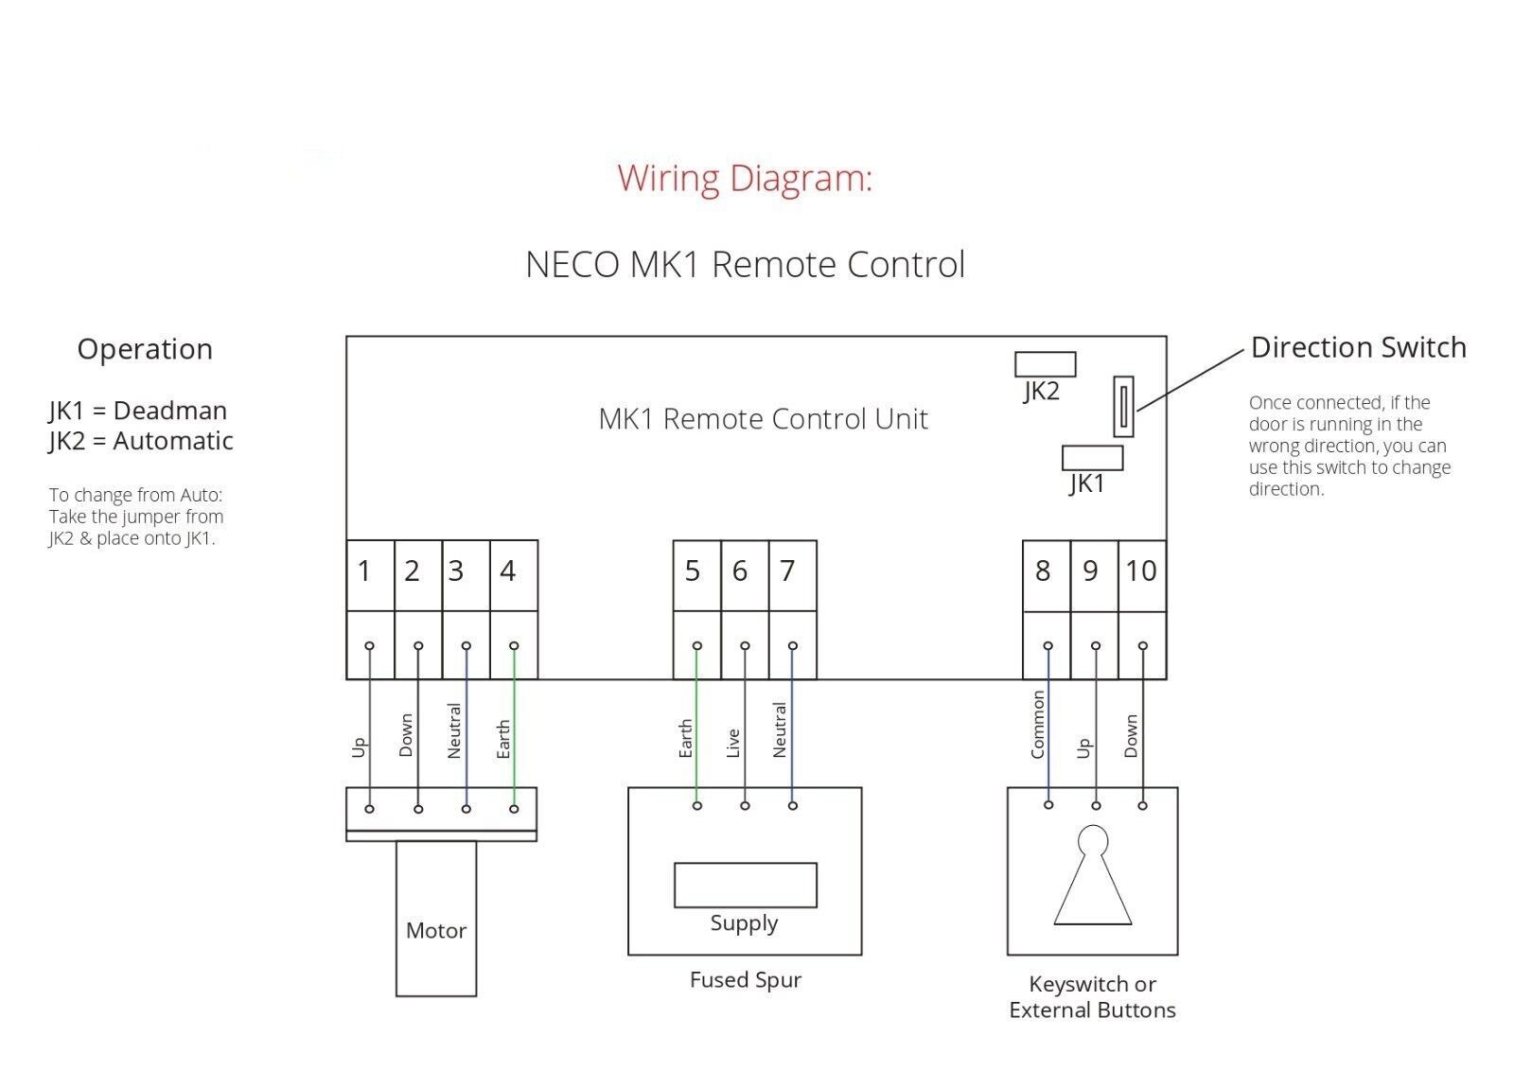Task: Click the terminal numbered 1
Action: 365,571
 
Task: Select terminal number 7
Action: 787,571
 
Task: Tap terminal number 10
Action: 1141,571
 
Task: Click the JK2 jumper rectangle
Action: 1045,364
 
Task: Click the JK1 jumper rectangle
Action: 1092,458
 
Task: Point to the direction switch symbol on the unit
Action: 1123,407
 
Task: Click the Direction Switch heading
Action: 1358,348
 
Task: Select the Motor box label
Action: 435,931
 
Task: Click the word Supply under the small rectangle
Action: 744,923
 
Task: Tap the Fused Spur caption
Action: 745,980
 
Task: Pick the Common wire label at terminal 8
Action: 1037,725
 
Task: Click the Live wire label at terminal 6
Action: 733,744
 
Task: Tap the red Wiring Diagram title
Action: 744,179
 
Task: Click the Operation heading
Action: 145,350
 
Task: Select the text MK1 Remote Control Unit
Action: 763,419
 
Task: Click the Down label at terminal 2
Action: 406,736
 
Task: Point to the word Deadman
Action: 170,412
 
